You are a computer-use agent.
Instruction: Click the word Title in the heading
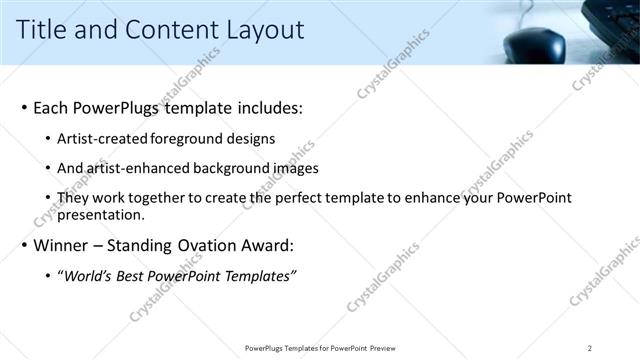click(42, 30)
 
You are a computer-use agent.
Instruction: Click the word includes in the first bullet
click(266, 107)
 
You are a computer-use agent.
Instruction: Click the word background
click(232, 168)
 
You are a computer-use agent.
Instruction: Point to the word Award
click(266, 245)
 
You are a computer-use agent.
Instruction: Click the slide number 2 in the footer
click(590, 348)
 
